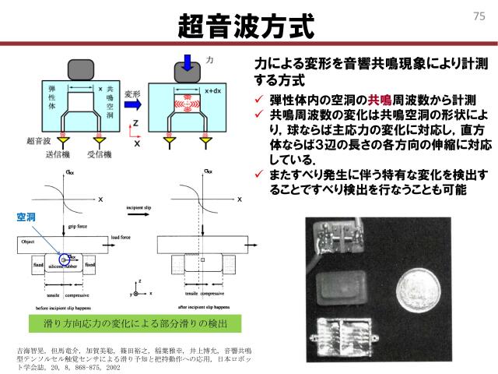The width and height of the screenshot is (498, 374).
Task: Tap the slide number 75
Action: pos(479,15)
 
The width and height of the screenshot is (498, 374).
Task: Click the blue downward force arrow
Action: pos(189,60)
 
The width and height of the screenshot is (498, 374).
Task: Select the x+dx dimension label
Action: pos(212,90)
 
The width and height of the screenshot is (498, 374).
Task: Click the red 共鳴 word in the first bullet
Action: pos(380,99)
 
